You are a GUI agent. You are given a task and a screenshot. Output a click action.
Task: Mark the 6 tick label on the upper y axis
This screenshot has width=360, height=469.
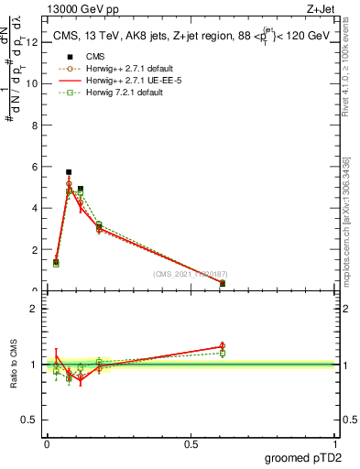[34, 167]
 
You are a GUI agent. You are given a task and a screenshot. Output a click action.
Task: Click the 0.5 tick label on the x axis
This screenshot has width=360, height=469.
[191, 444]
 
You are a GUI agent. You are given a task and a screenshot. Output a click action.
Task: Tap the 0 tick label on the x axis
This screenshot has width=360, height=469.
[47, 444]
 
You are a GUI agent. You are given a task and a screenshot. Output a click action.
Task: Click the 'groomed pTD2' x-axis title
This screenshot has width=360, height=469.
[304, 458]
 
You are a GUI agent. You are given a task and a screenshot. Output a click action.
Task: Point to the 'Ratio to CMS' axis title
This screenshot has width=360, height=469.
[14, 364]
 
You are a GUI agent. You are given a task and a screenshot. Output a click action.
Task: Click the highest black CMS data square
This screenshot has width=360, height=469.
[69, 171]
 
